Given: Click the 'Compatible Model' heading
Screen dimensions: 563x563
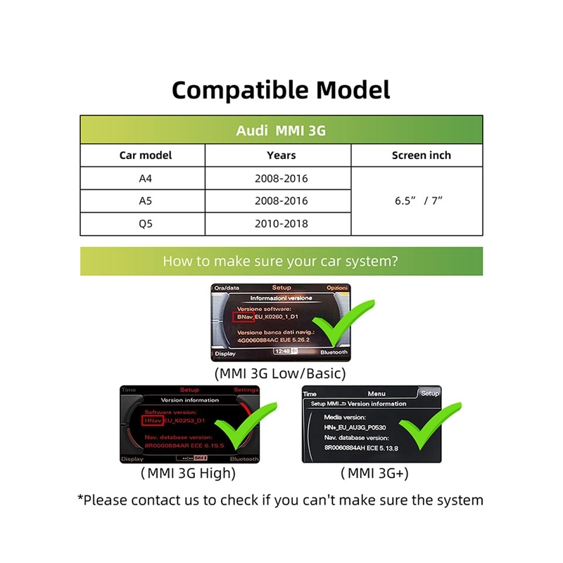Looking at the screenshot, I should pyautogui.click(x=281, y=90).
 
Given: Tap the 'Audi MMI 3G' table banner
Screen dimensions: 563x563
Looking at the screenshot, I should pyautogui.click(x=281, y=131).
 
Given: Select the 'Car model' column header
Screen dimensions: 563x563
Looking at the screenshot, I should pyautogui.click(x=146, y=156).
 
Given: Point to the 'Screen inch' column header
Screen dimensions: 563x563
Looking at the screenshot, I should pyautogui.click(x=421, y=156).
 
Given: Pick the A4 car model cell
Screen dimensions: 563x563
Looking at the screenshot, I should pyautogui.click(x=146, y=179).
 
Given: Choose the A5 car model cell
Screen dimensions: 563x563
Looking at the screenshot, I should pyautogui.click(x=146, y=201).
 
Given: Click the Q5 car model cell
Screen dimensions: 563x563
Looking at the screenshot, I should pyautogui.click(x=146, y=224).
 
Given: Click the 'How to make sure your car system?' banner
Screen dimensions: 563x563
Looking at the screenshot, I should pyautogui.click(x=281, y=261).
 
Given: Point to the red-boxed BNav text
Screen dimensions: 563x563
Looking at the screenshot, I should pyautogui.click(x=243, y=318).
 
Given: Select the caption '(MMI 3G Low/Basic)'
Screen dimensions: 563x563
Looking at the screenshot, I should pyautogui.click(x=280, y=374).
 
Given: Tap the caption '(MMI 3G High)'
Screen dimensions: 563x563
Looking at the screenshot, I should pyautogui.click(x=188, y=474).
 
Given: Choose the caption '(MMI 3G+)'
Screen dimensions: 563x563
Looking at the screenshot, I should pyautogui.click(x=374, y=474).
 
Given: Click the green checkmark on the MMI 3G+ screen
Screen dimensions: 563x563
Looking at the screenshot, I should pyautogui.click(x=427, y=426).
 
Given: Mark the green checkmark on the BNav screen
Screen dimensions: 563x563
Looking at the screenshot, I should pyautogui.click(x=350, y=327).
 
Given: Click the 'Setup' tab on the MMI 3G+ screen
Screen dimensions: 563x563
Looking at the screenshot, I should pyautogui.click(x=429, y=393).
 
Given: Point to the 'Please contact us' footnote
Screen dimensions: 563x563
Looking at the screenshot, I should pyautogui.click(x=280, y=500).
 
